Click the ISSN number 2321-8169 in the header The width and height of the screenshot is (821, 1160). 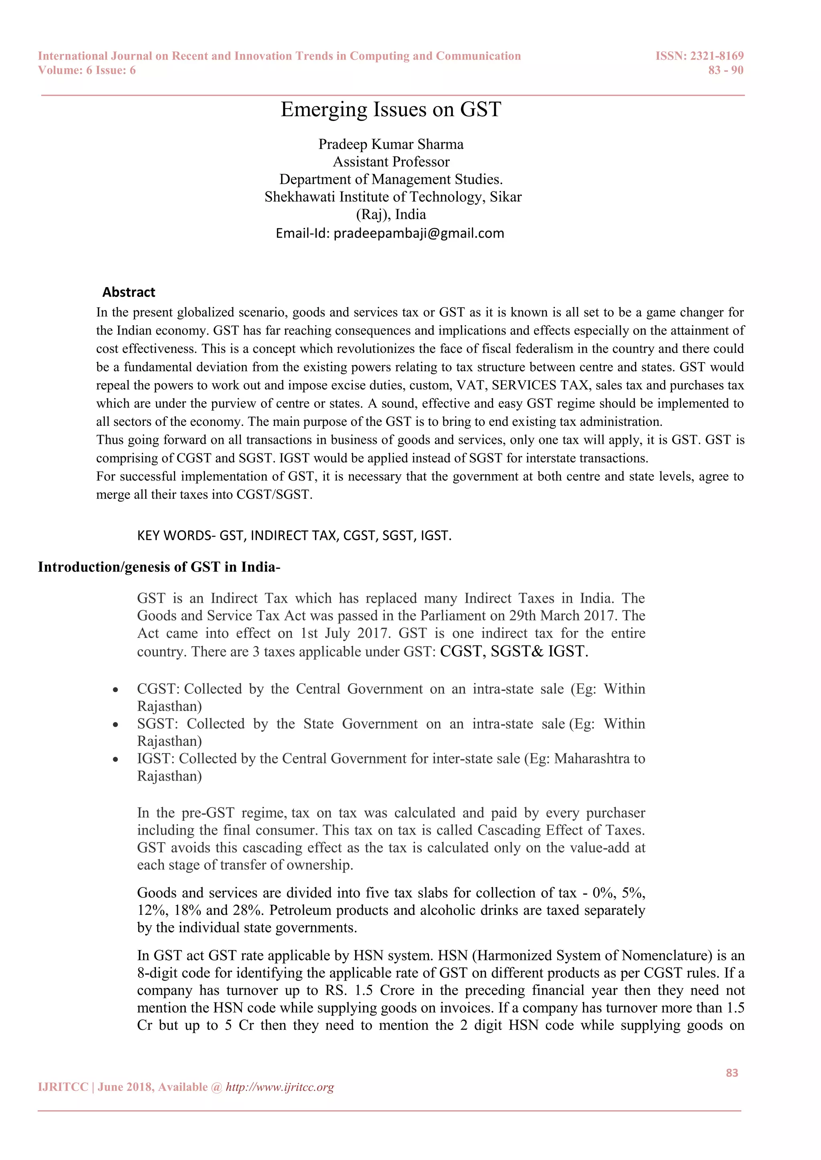pos(717,56)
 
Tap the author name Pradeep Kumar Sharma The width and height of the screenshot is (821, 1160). pos(391,145)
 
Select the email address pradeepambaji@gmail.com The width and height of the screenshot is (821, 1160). pos(419,234)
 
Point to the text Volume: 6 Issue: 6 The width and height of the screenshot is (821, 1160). pos(87,70)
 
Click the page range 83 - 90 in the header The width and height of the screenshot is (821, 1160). pos(726,70)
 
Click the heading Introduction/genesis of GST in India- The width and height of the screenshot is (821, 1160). pos(159,567)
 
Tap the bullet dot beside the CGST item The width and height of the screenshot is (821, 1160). pos(116,690)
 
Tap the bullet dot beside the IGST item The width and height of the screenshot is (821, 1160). pos(116,759)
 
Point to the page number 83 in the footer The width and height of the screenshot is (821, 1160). pos(732,1073)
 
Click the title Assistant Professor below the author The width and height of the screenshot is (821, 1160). pos(391,162)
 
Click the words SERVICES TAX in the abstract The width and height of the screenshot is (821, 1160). pos(540,385)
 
